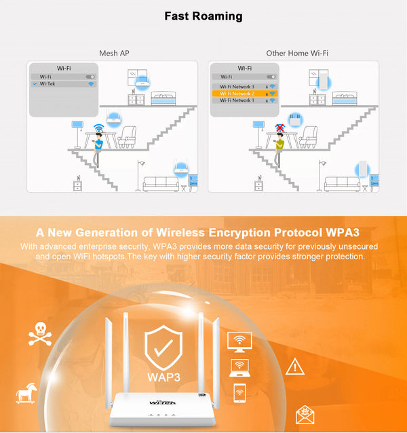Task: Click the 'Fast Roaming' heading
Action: point(203,16)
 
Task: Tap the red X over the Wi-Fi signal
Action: point(279,128)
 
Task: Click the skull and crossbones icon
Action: point(39,334)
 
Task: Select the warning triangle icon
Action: point(294,367)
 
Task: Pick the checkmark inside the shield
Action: point(163,346)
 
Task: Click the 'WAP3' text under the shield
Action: point(163,375)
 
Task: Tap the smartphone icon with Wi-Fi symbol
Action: point(239,392)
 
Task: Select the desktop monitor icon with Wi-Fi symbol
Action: point(239,341)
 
